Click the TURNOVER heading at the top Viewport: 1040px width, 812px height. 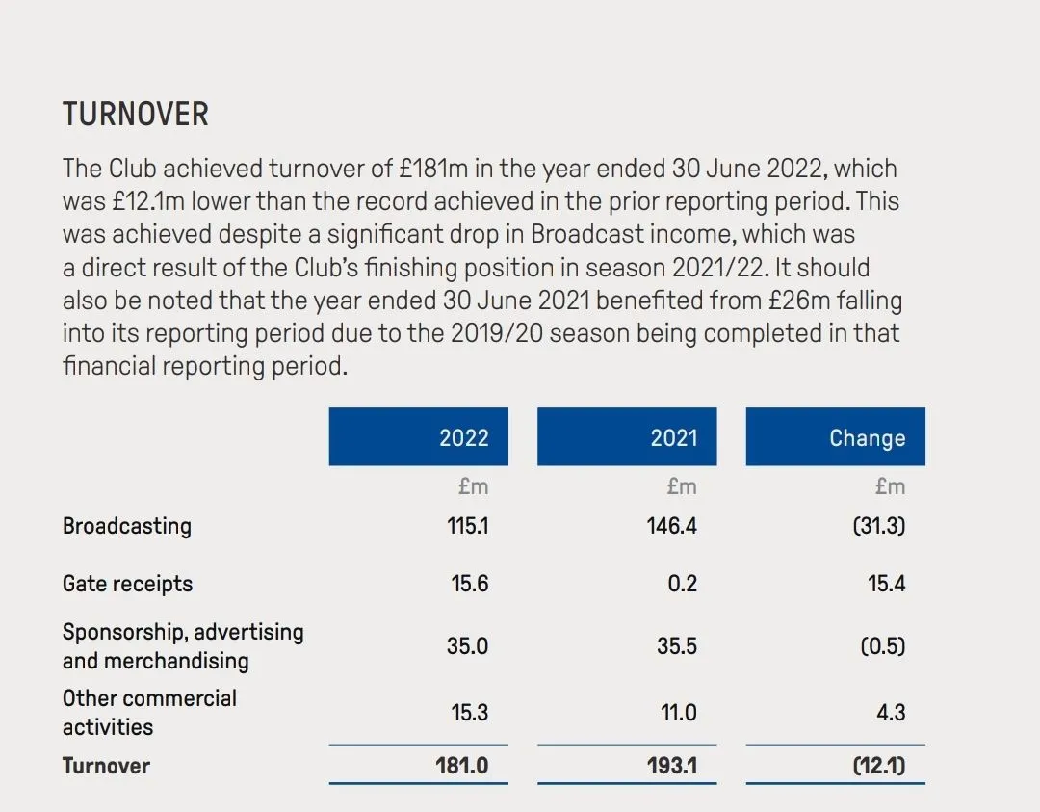136,115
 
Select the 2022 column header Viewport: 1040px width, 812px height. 464,438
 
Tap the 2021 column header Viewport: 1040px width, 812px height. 673,438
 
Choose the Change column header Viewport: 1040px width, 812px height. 867,438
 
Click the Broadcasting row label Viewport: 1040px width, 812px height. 127,526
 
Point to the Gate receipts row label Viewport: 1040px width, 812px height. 127,584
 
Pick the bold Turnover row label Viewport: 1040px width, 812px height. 106,766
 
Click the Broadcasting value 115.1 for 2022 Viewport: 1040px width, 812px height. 469,527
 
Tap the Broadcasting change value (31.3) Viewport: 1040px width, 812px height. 879,527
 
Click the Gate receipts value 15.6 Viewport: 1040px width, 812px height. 470,584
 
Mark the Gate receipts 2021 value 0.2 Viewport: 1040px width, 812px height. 682,584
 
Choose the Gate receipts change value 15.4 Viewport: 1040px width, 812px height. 886,584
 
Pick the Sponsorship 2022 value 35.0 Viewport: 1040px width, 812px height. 467,645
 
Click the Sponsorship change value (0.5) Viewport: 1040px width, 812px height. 883,645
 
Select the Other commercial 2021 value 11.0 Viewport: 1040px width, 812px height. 678,713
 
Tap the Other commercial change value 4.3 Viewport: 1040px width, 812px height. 891,713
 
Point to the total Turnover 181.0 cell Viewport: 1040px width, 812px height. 462,767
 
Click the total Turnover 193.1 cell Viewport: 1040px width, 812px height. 671,767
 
